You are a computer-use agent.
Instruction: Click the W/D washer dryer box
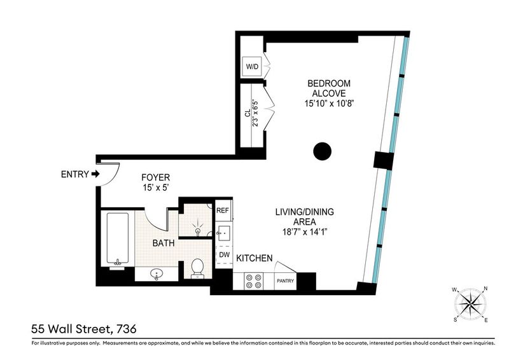pos(252,67)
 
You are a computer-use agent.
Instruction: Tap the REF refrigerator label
pos(223,211)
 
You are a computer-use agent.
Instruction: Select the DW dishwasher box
pos(224,255)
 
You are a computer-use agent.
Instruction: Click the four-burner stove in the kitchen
pos(253,281)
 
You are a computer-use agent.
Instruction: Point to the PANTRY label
pos(285,280)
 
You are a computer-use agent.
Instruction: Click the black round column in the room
pos(323,151)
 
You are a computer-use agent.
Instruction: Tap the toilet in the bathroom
pos(197,269)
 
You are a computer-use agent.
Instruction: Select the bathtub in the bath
pos(118,239)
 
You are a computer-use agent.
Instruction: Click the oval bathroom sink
pos(157,274)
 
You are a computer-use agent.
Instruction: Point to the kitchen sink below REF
pos(224,233)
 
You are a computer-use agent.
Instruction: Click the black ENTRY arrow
pos(95,174)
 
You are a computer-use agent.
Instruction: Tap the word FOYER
pos(156,177)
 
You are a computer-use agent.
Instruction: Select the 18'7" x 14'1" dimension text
pos(305,232)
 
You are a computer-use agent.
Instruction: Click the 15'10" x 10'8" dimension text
pos(329,104)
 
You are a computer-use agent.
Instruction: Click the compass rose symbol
pos(471,304)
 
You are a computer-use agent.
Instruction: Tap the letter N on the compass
pos(485,288)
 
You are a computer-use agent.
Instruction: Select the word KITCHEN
pos(254,258)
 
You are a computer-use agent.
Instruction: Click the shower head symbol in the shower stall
pos(197,227)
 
